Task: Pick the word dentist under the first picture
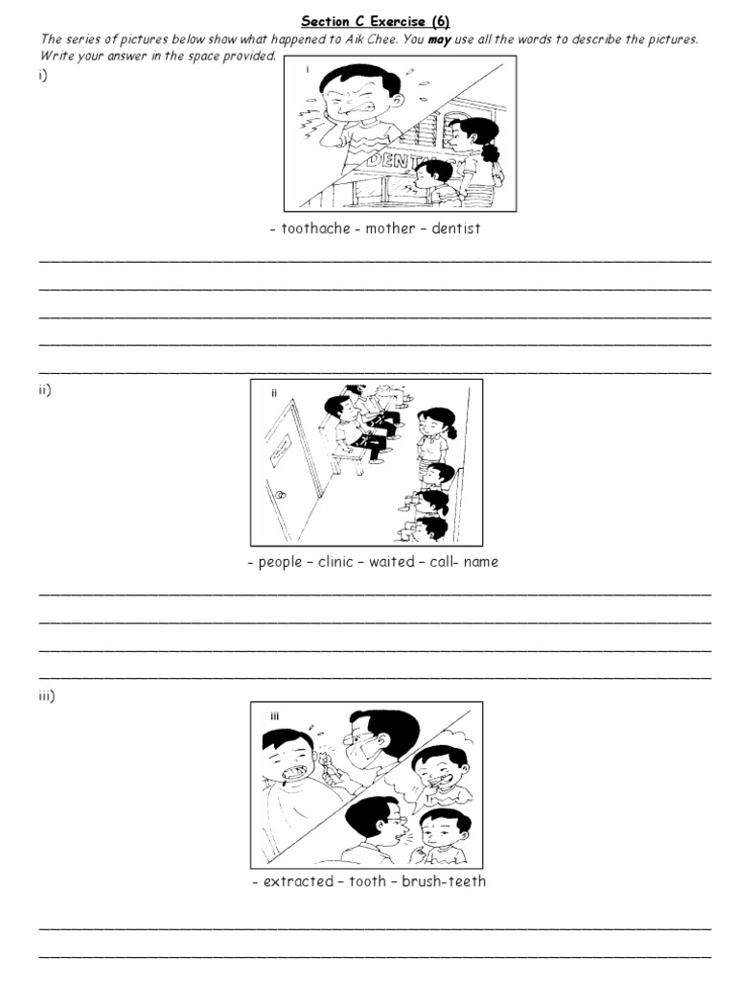tap(456, 229)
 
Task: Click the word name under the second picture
tap(480, 562)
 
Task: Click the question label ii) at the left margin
tap(45, 388)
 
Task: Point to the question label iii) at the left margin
tap(47, 696)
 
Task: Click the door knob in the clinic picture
tap(280, 496)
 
